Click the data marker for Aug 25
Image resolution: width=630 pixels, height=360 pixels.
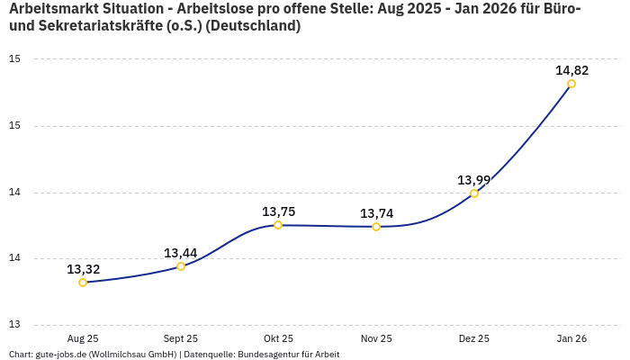(x=83, y=283)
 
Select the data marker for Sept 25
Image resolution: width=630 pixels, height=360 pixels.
(x=181, y=266)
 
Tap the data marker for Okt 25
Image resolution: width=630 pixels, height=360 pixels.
(x=278, y=225)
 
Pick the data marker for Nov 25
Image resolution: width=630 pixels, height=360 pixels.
(x=376, y=227)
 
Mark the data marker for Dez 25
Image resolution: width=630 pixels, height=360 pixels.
(x=474, y=193)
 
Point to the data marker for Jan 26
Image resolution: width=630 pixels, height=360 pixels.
(x=571, y=84)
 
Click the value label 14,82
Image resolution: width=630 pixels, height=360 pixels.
(x=571, y=70)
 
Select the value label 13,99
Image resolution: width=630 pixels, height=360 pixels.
(x=474, y=180)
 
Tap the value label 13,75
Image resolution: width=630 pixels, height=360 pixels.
(x=278, y=211)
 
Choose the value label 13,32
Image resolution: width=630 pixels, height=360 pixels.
(x=83, y=269)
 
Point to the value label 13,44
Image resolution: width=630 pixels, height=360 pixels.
(x=181, y=253)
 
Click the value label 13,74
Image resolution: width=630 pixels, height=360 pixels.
(x=376, y=213)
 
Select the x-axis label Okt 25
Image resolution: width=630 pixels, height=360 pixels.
(x=278, y=338)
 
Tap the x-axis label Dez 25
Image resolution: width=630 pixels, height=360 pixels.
(x=474, y=338)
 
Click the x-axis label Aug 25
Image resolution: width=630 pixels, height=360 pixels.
(x=83, y=338)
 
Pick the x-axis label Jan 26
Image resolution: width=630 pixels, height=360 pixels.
(x=571, y=338)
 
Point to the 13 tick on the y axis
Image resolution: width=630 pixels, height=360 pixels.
(x=14, y=325)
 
